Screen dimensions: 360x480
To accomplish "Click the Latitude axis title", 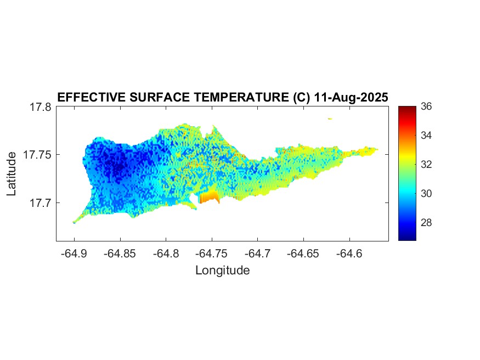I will pyautogui.click(x=12, y=174).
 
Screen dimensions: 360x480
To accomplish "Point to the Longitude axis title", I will pyautogui.click(x=222, y=271).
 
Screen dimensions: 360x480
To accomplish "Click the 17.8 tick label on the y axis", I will pyautogui.click(x=40, y=107).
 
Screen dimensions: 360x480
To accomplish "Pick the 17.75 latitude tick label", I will pyautogui.click(x=37, y=155).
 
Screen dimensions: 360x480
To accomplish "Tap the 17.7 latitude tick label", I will pyautogui.click(x=40, y=203).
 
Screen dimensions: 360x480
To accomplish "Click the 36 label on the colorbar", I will pyautogui.click(x=426, y=106).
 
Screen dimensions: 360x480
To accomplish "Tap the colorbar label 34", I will pyautogui.click(x=426, y=135).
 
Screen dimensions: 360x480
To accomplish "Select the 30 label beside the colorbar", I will pyautogui.click(x=426, y=193).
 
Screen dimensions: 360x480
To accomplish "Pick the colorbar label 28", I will pyautogui.click(x=426, y=223).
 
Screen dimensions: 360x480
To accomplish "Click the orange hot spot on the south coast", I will pyautogui.click(x=209, y=198).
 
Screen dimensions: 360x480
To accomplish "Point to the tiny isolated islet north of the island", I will pyautogui.click(x=330, y=118).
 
